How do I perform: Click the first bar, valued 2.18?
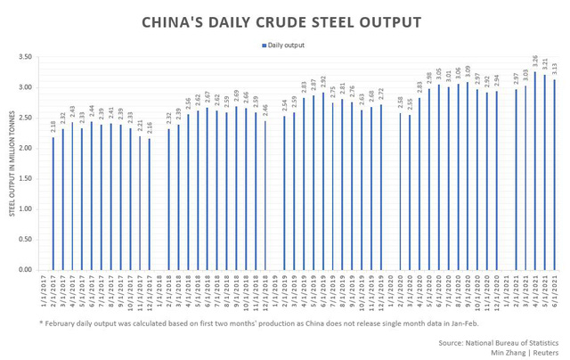(53, 204)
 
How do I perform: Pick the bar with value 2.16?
(150, 204)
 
